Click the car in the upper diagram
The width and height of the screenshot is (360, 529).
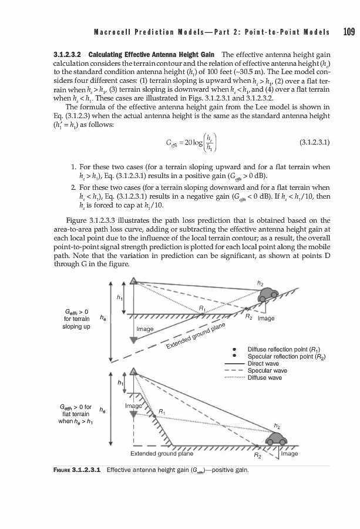click(269, 293)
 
